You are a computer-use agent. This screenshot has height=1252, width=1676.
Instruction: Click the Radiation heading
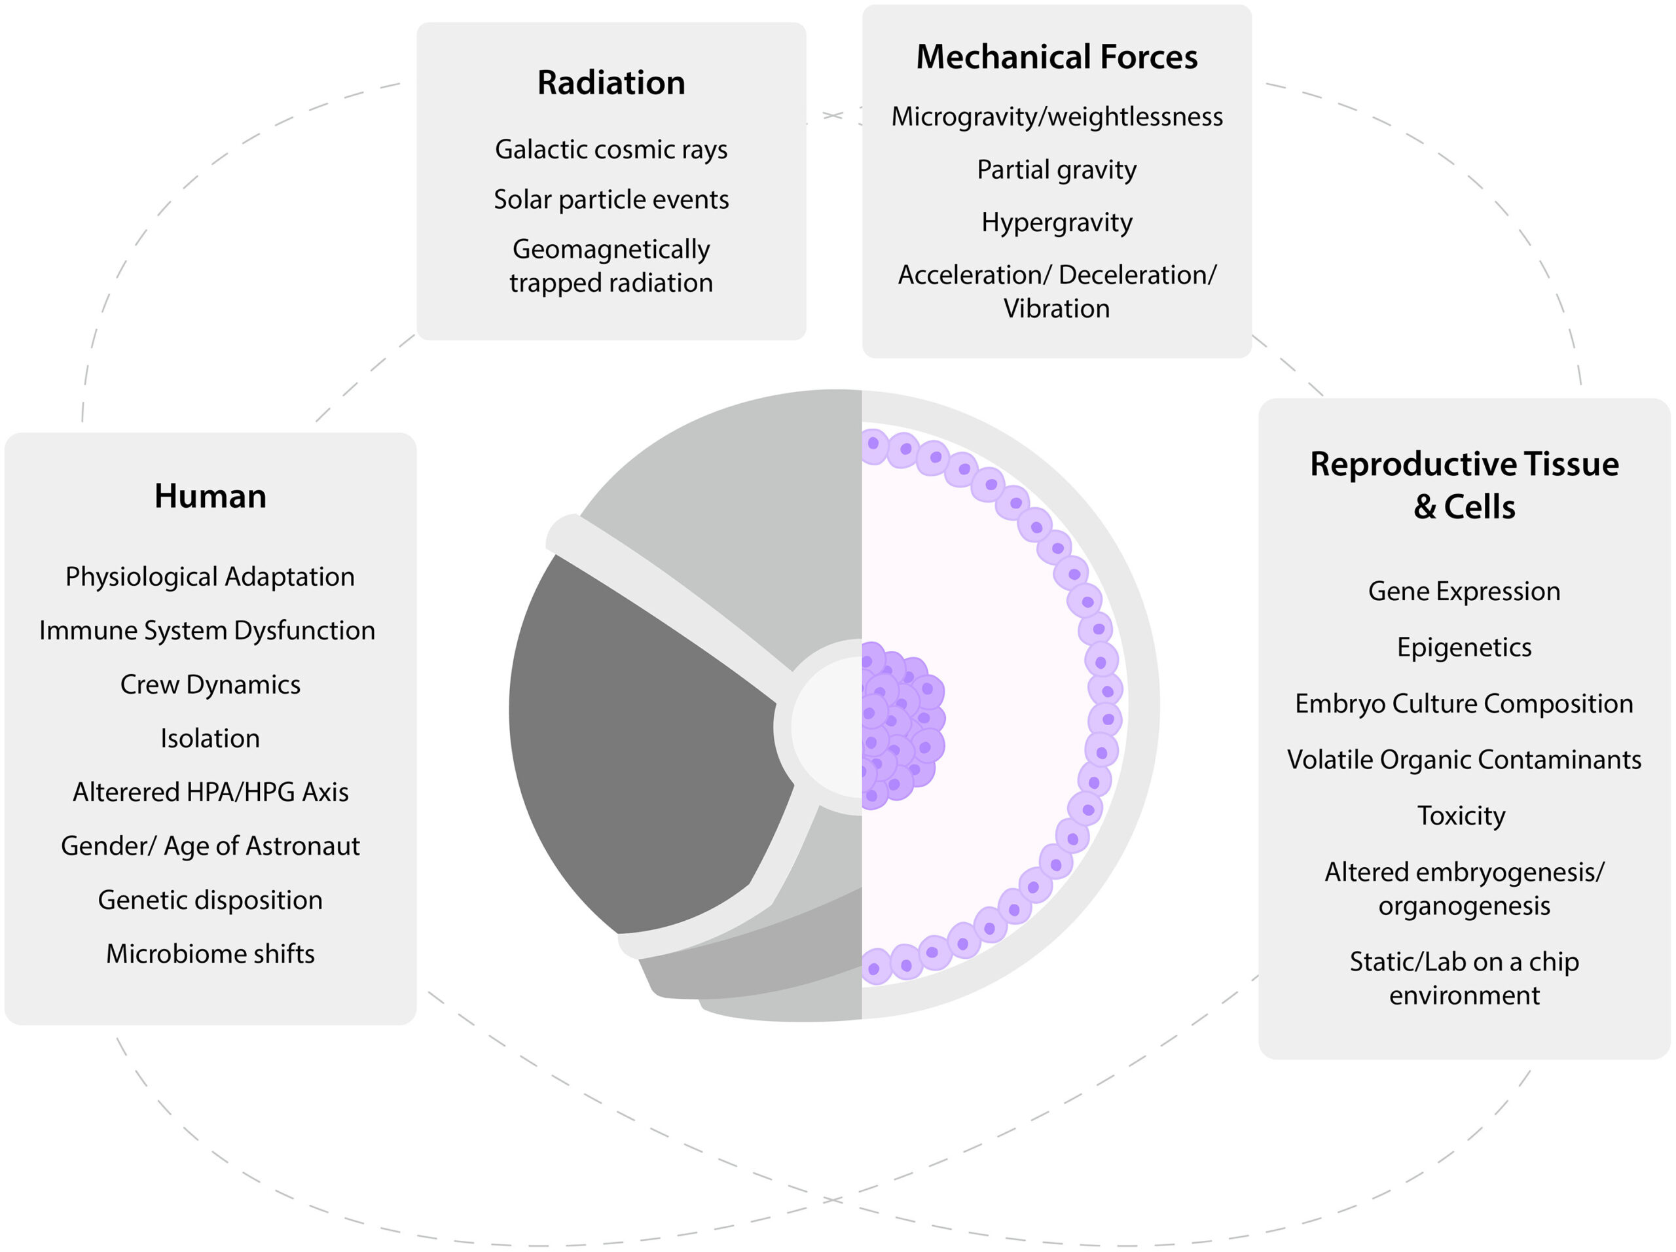click(x=611, y=82)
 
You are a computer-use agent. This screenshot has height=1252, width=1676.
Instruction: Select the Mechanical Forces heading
click(x=1056, y=57)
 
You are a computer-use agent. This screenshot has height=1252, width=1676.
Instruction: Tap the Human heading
click(x=210, y=496)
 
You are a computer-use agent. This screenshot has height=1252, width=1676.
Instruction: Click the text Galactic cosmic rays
click(x=611, y=149)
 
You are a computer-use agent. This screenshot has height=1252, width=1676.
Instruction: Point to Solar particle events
click(x=611, y=199)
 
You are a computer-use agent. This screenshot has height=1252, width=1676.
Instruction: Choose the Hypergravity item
click(x=1056, y=222)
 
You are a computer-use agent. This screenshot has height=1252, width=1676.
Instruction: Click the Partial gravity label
click(x=1056, y=169)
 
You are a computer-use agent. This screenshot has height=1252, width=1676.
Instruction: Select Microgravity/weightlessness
click(x=1056, y=116)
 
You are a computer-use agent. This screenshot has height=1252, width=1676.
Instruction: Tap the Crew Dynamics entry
click(x=210, y=684)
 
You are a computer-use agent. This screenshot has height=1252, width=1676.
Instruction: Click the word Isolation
click(x=210, y=738)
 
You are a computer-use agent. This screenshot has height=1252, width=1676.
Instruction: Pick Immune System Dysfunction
click(x=207, y=630)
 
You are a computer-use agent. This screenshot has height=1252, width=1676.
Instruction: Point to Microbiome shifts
click(x=210, y=953)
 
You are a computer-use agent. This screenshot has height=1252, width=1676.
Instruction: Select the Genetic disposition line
click(x=210, y=899)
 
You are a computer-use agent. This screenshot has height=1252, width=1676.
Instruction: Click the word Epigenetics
click(x=1464, y=647)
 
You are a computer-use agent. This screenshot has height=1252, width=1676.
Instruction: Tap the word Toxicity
click(x=1461, y=815)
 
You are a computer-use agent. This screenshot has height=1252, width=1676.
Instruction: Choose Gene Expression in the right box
click(x=1464, y=591)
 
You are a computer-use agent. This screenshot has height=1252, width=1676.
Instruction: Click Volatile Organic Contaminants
click(x=1464, y=759)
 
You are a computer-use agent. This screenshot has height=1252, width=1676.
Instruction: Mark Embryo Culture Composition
click(x=1464, y=703)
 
